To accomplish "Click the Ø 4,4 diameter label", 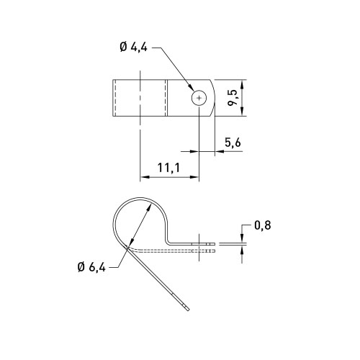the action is click(x=133, y=48).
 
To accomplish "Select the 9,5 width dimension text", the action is click(x=232, y=98).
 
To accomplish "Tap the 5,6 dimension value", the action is click(x=233, y=143).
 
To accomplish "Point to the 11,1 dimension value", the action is click(x=168, y=168).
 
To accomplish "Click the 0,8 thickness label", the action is click(x=263, y=225).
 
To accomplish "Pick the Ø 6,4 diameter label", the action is click(x=91, y=267).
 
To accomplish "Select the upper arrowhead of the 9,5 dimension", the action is click(x=242, y=84).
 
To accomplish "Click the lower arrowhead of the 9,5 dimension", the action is click(x=242, y=112).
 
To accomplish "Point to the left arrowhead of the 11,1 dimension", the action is click(x=145, y=177).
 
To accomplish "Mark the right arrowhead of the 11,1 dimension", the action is click(x=194, y=177).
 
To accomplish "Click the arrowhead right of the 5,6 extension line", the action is click(x=219, y=151).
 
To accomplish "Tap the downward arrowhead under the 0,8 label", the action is click(x=242, y=238).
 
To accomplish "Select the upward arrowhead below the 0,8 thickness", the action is click(x=242, y=250).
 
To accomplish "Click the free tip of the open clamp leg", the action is click(x=189, y=310).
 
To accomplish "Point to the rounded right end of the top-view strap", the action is click(x=213, y=98).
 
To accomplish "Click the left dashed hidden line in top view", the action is click(x=115, y=98).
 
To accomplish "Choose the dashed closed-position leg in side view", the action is click(x=171, y=251).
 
